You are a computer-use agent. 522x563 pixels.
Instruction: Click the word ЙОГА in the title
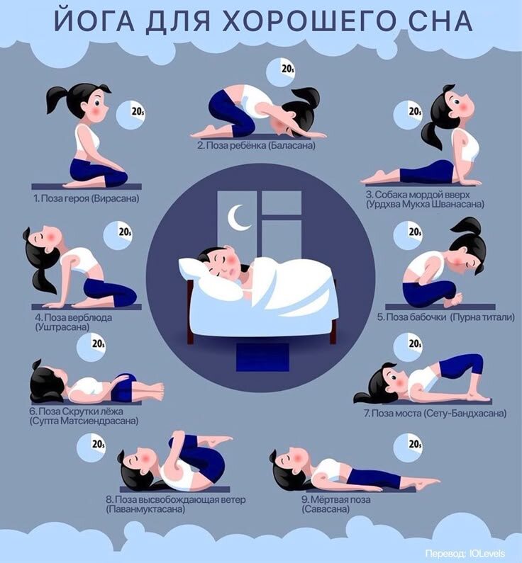point(94,21)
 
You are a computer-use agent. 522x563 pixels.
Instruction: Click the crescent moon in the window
point(238,217)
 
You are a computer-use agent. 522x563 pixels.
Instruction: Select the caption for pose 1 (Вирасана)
point(87,198)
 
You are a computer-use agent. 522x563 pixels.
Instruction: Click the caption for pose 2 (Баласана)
point(256,146)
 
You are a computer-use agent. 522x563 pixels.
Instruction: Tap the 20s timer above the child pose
point(281,72)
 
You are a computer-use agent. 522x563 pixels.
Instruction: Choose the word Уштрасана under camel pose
point(62,327)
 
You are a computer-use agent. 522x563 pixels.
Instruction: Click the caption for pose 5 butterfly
point(446,317)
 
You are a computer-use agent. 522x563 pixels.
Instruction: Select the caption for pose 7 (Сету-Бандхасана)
point(435,414)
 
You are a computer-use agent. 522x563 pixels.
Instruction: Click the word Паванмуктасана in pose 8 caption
point(145,509)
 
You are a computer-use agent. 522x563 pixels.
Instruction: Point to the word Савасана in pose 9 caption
point(326,509)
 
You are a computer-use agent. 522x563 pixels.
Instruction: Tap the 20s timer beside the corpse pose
point(408,448)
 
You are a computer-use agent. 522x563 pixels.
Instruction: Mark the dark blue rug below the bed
point(262,357)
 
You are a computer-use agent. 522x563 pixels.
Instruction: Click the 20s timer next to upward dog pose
point(408,114)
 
